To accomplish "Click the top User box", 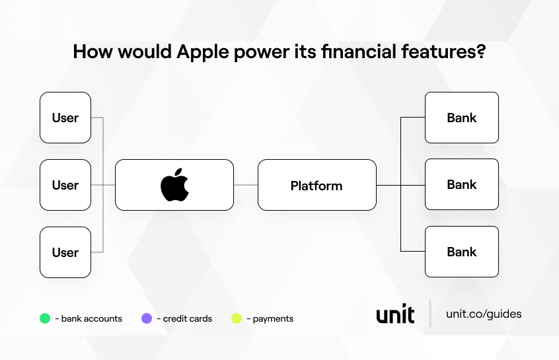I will [x=65, y=118].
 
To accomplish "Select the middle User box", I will [x=65, y=185].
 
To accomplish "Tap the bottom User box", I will [x=65, y=252].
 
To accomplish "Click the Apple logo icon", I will [x=174, y=185].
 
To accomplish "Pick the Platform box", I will [x=317, y=185].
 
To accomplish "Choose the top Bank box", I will [x=461, y=118].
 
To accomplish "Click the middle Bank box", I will [x=461, y=185].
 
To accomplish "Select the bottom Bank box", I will [x=461, y=252].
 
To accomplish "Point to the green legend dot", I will [x=45, y=318].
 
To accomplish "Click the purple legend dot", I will [x=147, y=318].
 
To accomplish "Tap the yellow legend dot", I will [x=237, y=318].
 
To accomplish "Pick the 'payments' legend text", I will [x=272, y=318].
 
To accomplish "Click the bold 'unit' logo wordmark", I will [x=395, y=314].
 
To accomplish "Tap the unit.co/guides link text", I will [x=484, y=314].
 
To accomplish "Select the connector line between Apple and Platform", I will [x=245, y=185].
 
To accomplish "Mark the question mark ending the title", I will [x=481, y=52].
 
